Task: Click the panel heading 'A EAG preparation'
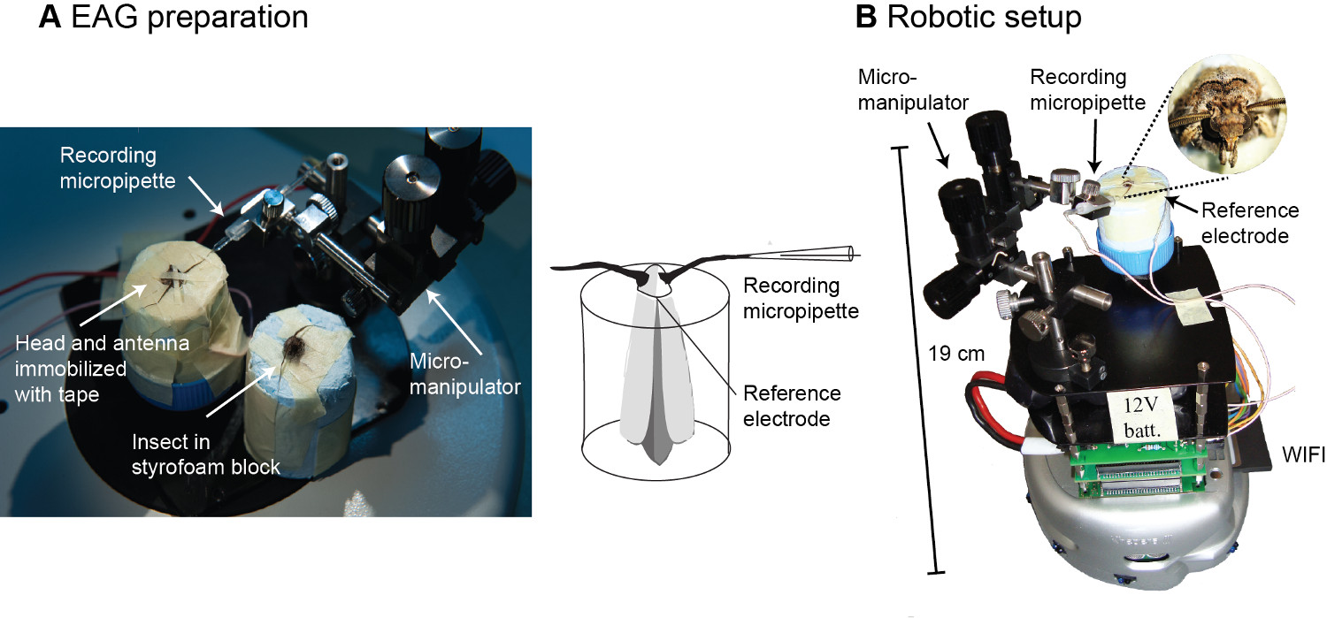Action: click(x=173, y=17)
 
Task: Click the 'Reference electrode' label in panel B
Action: click(x=1248, y=221)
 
